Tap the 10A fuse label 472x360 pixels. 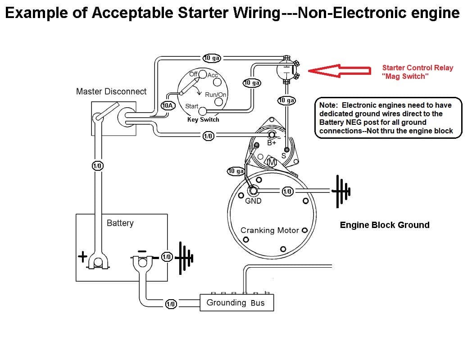(168, 105)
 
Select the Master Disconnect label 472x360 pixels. (111, 91)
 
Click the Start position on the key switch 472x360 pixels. (192, 106)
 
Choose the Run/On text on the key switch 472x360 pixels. (215, 95)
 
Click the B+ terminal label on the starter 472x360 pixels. (272, 143)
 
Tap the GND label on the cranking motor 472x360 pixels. (253, 201)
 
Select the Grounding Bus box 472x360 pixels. (236, 303)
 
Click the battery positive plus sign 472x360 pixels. (82, 257)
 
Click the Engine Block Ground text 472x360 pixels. (384, 225)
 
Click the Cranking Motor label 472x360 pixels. (270, 230)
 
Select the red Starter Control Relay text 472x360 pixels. (417, 72)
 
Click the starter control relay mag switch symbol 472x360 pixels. (286, 70)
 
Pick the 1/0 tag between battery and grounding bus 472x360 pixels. (170, 304)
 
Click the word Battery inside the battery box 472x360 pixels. (120, 223)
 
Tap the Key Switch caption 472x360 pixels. (203, 119)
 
